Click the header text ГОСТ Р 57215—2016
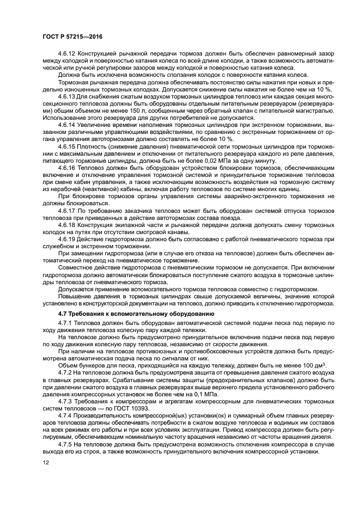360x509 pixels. (x=72, y=36)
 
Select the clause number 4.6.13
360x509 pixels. (x=68, y=96)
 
